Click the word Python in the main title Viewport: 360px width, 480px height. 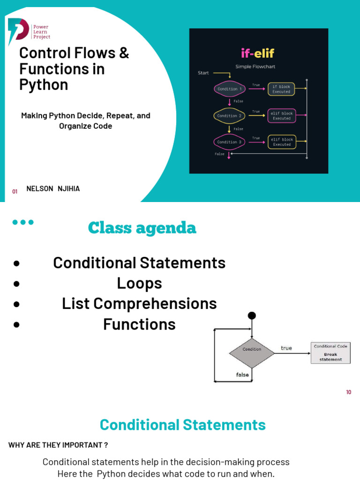(x=43, y=85)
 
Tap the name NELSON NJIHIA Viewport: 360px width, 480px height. (x=53, y=189)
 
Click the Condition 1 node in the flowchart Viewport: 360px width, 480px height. (x=230, y=89)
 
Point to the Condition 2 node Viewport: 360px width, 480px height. (x=229, y=116)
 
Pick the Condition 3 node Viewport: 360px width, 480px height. (x=229, y=142)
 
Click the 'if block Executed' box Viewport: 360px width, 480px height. (x=282, y=89)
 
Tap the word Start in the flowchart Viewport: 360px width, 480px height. (x=203, y=73)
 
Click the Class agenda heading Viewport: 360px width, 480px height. (x=142, y=228)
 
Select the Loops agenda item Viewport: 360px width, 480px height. (x=139, y=283)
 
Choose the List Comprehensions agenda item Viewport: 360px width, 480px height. (x=139, y=304)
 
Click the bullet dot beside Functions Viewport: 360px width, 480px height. (x=17, y=324)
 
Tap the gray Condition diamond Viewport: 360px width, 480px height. (x=252, y=349)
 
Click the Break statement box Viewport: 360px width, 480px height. (x=330, y=353)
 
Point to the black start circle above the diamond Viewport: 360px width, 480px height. (x=252, y=315)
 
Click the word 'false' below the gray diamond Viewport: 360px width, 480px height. (x=242, y=375)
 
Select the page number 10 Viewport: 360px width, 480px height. (x=348, y=392)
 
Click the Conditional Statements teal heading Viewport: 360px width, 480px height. (x=182, y=425)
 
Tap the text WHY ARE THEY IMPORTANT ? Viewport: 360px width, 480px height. (x=58, y=445)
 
